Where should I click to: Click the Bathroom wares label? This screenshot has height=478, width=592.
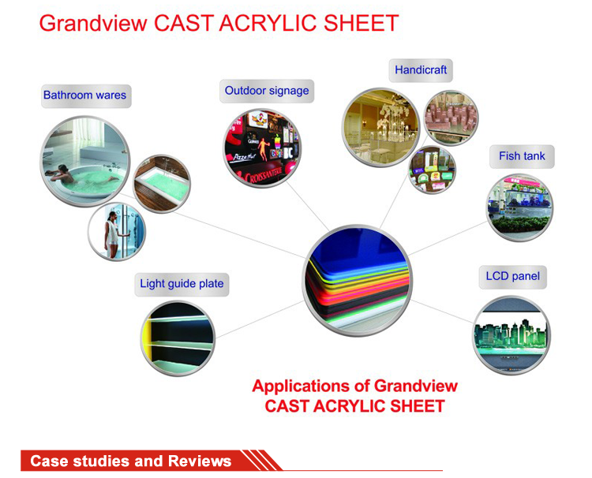(86, 95)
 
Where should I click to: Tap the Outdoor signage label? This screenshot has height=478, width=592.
(267, 91)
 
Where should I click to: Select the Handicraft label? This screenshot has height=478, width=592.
(421, 70)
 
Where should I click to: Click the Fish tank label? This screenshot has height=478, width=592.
(522, 156)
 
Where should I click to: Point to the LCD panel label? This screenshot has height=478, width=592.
(513, 277)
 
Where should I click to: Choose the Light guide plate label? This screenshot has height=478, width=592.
(182, 284)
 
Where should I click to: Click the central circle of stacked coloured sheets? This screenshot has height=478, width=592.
(357, 280)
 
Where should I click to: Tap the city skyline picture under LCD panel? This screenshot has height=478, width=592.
(511, 335)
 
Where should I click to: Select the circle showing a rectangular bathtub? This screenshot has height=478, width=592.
(162, 184)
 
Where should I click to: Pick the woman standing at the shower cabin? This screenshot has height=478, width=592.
(112, 234)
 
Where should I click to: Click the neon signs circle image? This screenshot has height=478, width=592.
(262, 148)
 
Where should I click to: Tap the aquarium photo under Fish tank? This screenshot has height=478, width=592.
(520, 207)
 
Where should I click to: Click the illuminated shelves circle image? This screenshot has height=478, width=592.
(178, 338)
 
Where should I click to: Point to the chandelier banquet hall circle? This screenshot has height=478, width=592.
(380, 128)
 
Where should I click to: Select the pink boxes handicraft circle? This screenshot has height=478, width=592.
(451, 118)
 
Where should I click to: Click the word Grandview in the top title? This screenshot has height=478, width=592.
(93, 23)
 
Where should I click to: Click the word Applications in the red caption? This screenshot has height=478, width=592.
(301, 387)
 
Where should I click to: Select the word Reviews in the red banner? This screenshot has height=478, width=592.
(200, 461)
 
